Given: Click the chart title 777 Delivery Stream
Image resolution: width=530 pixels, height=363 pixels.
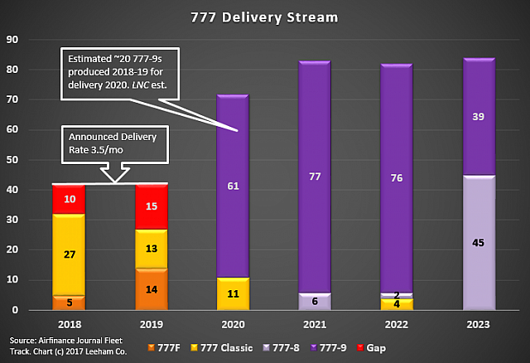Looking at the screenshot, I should (265, 17).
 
